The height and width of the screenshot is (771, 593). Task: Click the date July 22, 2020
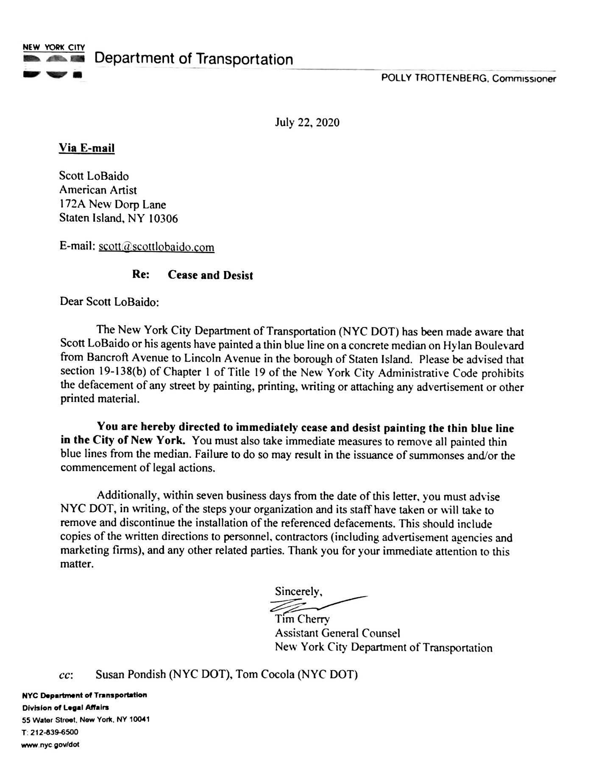coord(307,123)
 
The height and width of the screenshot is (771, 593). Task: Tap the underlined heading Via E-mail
coord(86,148)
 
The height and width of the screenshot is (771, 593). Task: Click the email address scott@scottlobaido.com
coord(156,247)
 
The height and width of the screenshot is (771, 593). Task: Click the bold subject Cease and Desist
coord(210,275)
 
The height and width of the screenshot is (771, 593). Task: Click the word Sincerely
coord(298,591)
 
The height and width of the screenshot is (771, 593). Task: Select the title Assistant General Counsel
coord(337,633)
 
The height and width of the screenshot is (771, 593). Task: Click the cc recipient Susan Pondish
coord(131,674)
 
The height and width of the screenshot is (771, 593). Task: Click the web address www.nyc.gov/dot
coord(50,744)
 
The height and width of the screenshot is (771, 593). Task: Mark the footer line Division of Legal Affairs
coord(65,707)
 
